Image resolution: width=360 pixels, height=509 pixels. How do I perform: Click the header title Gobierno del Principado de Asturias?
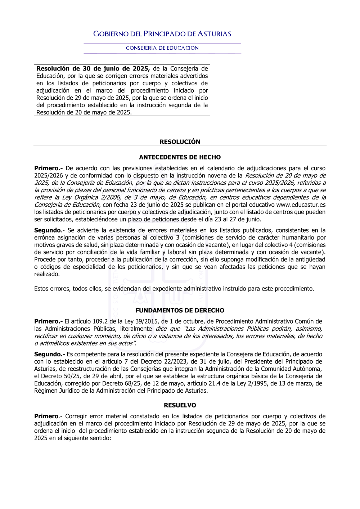tap(162, 34)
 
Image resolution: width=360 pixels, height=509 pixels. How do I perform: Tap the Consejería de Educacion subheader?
tap(162, 48)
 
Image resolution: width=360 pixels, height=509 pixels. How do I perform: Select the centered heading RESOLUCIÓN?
tap(180, 142)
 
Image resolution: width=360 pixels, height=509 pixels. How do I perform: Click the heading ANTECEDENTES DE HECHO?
tap(180, 157)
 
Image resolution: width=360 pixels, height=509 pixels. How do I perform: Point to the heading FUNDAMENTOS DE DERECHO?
tap(180, 310)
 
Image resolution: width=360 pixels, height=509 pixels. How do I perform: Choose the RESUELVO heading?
tap(180, 405)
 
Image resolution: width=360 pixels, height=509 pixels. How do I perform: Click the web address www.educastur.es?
tap(301, 205)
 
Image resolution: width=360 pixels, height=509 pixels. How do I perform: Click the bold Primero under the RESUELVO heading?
tap(46, 416)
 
